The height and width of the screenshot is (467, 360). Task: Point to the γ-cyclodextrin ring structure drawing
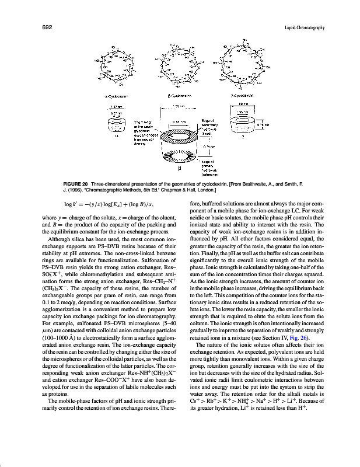[x=244, y=64]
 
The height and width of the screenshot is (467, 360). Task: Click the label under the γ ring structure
[x=242, y=93]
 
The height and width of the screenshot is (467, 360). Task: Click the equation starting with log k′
[x=104, y=204]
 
